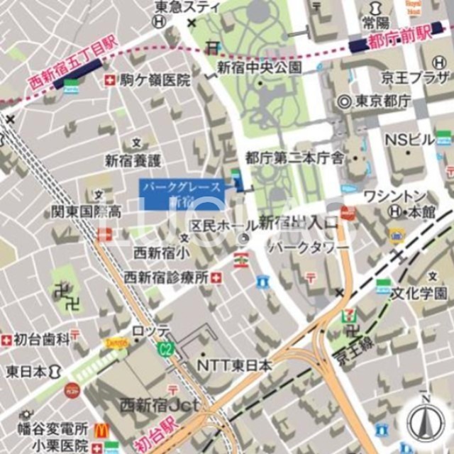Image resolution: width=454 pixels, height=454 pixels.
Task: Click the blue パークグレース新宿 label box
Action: [183, 194]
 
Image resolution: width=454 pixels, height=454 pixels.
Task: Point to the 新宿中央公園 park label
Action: [260, 68]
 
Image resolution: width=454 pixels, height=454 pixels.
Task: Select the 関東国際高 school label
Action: [86, 211]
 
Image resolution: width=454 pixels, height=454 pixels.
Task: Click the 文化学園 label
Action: [421, 293]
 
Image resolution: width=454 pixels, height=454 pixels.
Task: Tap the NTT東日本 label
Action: [234, 365]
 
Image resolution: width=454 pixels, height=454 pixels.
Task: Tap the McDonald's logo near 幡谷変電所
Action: [101, 429]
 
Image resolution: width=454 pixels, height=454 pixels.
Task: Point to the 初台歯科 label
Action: [44, 339]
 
